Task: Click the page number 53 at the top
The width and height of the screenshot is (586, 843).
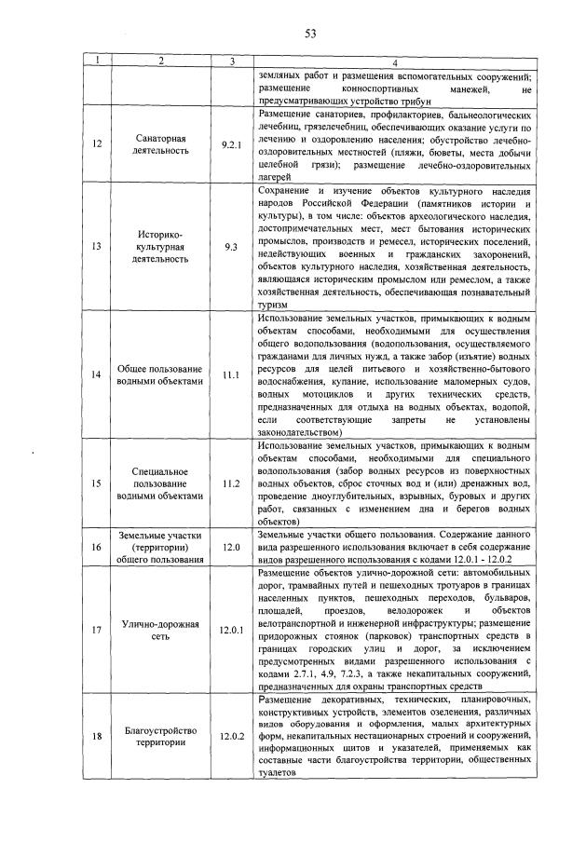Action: coord(310,34)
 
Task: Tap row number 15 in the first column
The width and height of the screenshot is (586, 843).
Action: coord(97,483)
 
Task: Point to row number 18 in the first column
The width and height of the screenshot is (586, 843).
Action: coord(97,736)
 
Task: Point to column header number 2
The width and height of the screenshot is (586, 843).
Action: coord(160,62)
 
